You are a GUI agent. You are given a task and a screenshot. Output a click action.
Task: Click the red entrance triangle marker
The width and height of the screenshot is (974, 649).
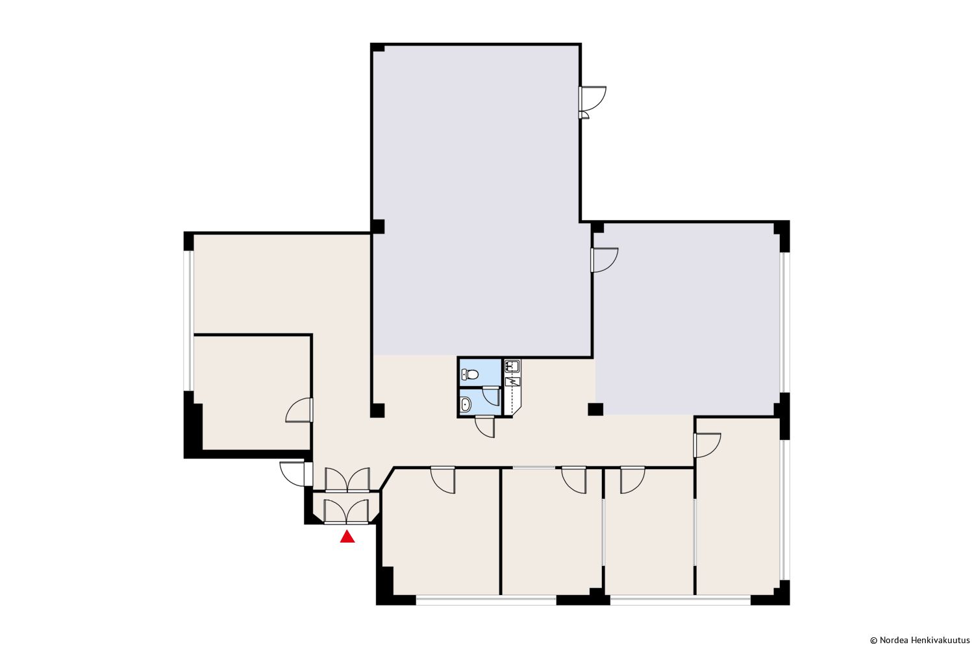click(x=347, y=537)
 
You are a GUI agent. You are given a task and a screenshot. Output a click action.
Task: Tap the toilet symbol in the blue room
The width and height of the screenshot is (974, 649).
click(x=470, y=374)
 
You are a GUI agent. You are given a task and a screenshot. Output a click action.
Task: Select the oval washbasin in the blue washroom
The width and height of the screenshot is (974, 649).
click(x=466, y=405)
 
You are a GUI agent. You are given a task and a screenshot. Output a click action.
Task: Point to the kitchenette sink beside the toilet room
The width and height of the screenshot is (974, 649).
click(x=512, y=366)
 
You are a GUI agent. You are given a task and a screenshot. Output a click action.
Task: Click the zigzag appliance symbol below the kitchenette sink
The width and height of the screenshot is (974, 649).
click(x=513, y=382)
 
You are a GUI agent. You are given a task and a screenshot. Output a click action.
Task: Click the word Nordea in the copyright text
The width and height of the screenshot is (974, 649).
click(x=890, y=641)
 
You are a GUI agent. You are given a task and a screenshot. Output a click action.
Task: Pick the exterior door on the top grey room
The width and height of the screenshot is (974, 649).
click(x=592, y=102)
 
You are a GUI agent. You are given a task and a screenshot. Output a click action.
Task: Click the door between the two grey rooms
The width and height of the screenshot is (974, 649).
click(x=604, y=260)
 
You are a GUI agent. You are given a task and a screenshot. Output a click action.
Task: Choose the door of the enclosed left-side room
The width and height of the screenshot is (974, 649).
click(x=299, y=410)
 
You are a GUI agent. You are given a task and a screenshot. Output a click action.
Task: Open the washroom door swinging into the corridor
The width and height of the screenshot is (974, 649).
click(x=485, y=426)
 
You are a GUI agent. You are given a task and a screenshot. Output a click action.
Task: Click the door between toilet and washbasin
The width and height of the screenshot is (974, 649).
click(x=491, y=396)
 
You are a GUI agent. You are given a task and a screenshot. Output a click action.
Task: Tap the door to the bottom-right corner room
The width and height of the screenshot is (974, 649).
click(x=707, y=445)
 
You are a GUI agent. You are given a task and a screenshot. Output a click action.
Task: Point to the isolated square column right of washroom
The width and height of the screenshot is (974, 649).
click(x=595, y=409)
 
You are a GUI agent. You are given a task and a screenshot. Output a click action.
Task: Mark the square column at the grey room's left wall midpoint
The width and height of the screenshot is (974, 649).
click(x=377, y=227)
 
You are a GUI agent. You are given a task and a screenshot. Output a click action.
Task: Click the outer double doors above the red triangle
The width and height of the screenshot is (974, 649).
click(x=347, y=511)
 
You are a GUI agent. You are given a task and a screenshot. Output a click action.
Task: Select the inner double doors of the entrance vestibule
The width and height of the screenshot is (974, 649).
click(x=347, y=480)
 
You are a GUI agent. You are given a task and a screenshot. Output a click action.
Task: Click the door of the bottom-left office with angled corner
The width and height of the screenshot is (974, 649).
click(x=443, y=480)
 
